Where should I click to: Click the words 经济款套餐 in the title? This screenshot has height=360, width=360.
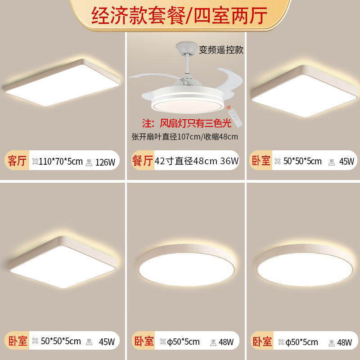pos(137,16)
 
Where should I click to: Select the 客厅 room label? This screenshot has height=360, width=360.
pos(18,160)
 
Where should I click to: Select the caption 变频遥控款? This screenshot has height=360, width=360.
pos(221,50)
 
